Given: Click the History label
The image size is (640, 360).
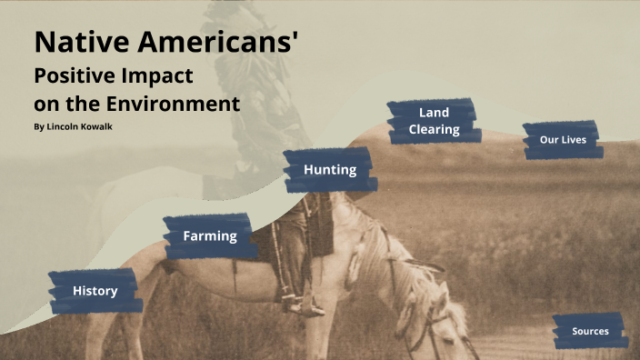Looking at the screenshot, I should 95,291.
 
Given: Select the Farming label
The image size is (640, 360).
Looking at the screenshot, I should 209,236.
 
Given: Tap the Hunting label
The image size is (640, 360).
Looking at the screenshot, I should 329,170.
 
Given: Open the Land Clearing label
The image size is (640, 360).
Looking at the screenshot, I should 434,121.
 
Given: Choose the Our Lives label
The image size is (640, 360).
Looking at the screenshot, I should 562,140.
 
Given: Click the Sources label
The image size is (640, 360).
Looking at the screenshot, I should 590,331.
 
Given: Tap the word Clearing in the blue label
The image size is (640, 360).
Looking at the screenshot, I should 434,130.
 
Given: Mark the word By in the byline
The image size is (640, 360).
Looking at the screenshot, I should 38,126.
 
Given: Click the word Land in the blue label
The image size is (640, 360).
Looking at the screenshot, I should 434,113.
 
